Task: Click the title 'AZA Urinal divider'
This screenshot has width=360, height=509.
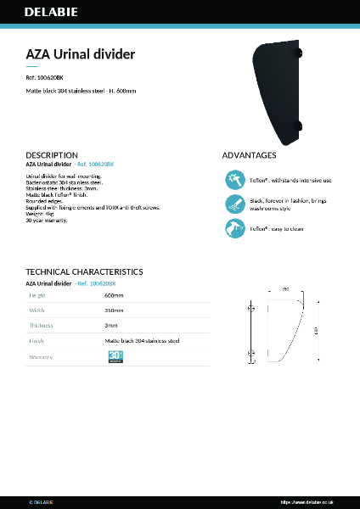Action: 81,54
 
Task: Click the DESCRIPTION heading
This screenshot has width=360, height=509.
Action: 52,155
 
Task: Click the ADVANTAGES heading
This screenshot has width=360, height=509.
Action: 249,155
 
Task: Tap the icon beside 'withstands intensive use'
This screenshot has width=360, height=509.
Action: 234,180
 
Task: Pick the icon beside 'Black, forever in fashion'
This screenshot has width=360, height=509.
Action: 234,204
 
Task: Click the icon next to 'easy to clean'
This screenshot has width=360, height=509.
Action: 234,228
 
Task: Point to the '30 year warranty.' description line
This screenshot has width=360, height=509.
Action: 47,221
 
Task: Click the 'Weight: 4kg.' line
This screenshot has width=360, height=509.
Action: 43,214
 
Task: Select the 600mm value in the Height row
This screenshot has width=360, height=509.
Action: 114,295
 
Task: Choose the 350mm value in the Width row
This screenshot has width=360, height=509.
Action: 114,310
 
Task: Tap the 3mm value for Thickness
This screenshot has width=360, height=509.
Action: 110,325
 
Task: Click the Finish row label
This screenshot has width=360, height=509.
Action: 37,340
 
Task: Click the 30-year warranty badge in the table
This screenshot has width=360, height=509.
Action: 116,357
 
